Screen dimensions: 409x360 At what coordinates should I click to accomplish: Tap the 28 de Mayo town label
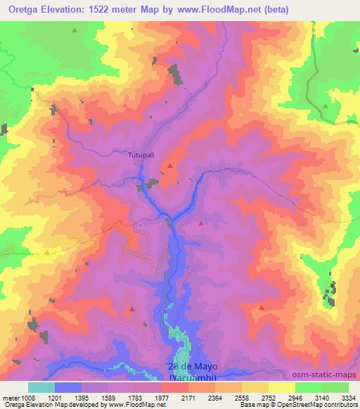[x=193, y=367]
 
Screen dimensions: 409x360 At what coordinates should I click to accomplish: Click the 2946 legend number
[x=295, y=397]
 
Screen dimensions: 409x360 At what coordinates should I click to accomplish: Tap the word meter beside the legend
[x=8, y=397]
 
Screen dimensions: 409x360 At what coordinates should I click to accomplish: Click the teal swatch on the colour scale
[x=41, y=387]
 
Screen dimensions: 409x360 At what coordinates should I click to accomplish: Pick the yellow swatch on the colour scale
[x=282, y=387]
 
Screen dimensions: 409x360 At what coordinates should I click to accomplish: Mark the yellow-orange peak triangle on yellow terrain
[x=47, y=251]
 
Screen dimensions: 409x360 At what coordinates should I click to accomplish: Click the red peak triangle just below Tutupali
[x=169, y=166]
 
